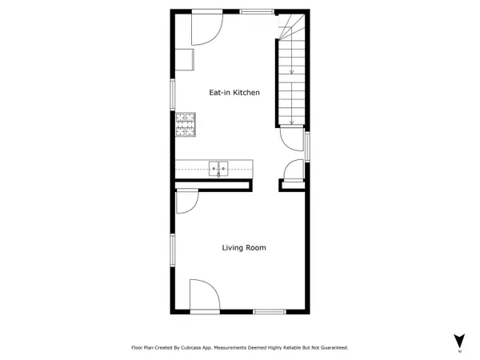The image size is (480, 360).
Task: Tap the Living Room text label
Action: [x=244, y=248]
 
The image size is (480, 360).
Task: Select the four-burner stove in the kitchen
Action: [x=186, y=123]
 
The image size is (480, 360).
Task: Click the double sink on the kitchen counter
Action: [x=219, y=168]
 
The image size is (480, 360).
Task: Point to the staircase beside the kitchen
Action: [x=292, y=76]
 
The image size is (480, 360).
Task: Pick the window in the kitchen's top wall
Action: [x=256, y=10]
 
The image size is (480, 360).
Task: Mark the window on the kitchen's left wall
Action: [x=173, y=93]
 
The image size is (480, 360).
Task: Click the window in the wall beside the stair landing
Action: [x=308, y=148]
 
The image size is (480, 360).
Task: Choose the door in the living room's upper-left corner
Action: [x=186, y=202]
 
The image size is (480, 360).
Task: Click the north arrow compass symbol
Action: [x=459, y=341]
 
